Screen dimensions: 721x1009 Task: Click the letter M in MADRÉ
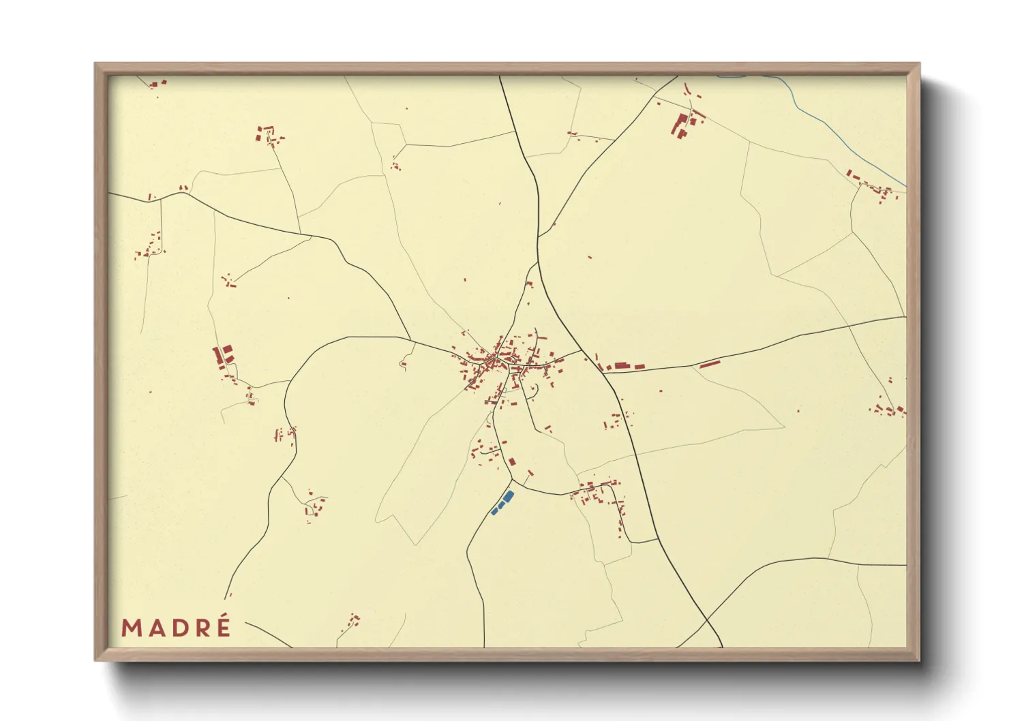point(132,628)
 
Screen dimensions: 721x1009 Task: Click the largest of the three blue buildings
point(508,497)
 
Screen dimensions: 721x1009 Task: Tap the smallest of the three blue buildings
point(494,511)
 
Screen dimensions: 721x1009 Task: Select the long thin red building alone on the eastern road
point(710,364)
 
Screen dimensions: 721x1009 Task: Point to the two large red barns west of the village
point(224,354)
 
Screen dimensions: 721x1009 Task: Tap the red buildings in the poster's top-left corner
point(157,85)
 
